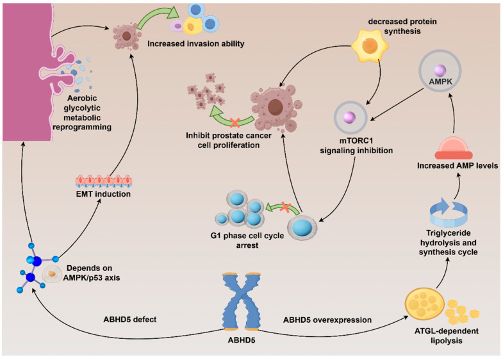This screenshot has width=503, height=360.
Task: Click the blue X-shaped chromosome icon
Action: pyautogui.click(x=242, y=301)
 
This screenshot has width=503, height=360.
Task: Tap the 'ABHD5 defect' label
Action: pyautogui.click(x=130, y=320)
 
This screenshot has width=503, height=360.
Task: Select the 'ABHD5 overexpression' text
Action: pyautogui.click(x=327, y=320)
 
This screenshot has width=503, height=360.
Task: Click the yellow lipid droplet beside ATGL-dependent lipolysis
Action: pyautogui.click(x=425, y=303)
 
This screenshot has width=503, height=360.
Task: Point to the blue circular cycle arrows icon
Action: pyautogui.click(x=448, y=212)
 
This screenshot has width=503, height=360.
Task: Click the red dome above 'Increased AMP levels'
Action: pyautogui.click(x=453, y=148)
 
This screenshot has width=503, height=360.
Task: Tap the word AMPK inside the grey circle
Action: pyautogui.click(x=440, y=81)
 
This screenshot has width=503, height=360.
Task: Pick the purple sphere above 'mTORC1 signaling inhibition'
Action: pyautogui.click(x=349, y=117)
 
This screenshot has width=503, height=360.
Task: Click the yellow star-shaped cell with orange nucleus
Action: pyautogui.click(x=370, y=46)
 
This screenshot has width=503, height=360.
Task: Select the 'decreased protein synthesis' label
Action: pyautogui.click(x=402, y=26)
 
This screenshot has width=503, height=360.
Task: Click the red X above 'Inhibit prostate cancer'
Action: pyautogui.click(x=235, y=122)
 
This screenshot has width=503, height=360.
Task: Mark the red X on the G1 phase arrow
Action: pyautogui.click(x=285, y=207)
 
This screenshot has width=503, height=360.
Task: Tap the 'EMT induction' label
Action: pyautogui.click(x=103, y=194)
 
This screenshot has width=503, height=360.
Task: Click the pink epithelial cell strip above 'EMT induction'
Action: pyautogui.click(x=104, y=181)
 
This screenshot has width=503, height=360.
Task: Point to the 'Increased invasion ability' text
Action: pyautogui.click(x=195, y=44)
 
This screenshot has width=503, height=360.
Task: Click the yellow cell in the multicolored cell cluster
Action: pyautogui.click(x=192, y=26)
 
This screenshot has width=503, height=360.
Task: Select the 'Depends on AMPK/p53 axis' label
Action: pyautogui.click(x=92, y=273)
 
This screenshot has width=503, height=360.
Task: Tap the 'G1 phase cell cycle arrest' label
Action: pyautogui.click(x=247, y=240)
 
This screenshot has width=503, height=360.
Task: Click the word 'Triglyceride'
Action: pyautogui.click(x=448, y=233)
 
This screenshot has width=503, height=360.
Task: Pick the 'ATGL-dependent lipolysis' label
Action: pyautogui.click(x=446, y=336)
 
